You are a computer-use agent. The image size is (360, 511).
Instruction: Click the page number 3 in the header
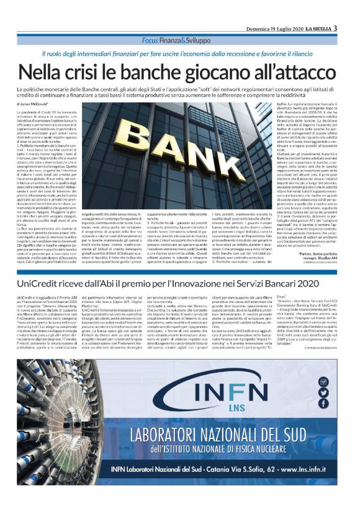click(335, 27)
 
